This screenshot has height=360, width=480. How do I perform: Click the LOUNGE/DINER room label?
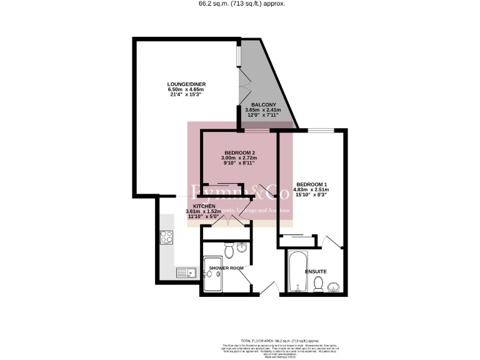pos(186,84)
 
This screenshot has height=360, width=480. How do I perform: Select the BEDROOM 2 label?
pos(239,153)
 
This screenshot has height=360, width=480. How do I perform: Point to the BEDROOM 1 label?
pos(312,184)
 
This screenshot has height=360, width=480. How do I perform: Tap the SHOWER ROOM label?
pos(226,268)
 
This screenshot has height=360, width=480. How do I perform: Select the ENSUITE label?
pos(316,272)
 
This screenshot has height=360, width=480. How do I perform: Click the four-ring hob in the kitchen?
pos(167,237)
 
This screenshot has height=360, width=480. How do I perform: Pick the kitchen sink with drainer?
pos(185,272)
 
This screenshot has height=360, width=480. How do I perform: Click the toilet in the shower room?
pos(229,251)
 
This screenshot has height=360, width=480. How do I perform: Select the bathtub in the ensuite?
pos(296,272)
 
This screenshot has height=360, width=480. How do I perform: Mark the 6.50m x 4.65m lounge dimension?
pos(186,90)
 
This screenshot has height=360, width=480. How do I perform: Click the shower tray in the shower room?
pos(213,276)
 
